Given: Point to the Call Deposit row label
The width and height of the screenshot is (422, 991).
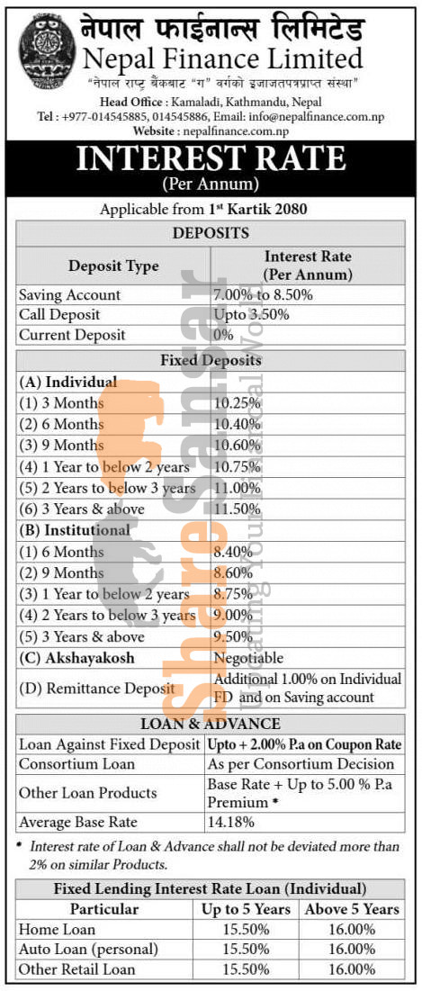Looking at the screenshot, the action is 59,315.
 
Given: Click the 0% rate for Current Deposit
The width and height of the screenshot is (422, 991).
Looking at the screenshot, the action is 224,335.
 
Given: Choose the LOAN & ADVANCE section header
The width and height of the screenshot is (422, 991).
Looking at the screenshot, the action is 211,724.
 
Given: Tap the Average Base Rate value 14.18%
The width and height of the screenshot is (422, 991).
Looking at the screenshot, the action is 230,822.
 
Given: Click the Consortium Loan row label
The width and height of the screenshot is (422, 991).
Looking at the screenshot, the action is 77,764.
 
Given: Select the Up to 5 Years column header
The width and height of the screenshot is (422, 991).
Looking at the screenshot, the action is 247,909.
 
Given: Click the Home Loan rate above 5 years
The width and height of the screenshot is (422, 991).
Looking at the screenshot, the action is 352,930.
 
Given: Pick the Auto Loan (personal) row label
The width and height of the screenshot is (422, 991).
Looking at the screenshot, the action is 88,950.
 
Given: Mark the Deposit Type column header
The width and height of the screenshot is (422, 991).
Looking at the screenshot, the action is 113,266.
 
